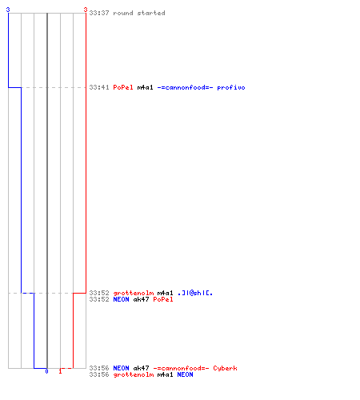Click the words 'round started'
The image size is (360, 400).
(139, 13)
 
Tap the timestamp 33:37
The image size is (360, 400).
(99, 13)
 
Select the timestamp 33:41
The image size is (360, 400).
(99, 87)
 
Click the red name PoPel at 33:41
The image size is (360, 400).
(123, 87)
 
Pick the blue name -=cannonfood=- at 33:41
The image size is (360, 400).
(185, 87)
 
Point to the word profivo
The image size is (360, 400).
(231, 87)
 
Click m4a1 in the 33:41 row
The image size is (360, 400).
(145, 87)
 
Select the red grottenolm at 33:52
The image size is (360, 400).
(134, 293)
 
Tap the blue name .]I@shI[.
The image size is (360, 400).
(195, 293)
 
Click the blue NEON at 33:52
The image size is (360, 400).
(121, 299)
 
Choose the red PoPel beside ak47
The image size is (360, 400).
(163, 299)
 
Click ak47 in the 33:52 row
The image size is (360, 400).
(141, 299)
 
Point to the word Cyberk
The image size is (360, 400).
(225, 368)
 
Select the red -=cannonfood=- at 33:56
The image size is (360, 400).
(181, 368)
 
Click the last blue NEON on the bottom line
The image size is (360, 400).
(185, 374)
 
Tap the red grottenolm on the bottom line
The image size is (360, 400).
(134, 374)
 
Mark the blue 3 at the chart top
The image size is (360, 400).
(8, 10)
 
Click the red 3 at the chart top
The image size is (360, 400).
(86, 10)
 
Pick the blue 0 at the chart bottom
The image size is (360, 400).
(46, 371)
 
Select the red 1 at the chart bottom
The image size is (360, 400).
(60, 371)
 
